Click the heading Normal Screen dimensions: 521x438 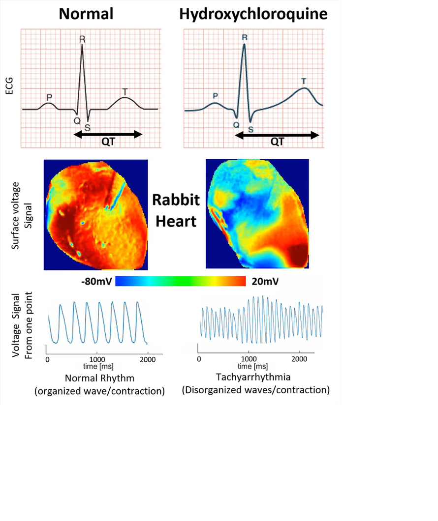tap(86, 14)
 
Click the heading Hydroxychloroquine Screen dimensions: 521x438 tap(253, 14)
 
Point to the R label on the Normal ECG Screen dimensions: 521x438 tap(82, 39)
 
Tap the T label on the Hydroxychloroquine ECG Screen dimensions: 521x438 tap(304, 81)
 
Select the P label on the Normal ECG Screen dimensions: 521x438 tap(48, 96)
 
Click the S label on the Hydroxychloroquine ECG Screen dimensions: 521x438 tap(250, 130)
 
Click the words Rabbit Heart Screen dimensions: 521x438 tap(176, 210)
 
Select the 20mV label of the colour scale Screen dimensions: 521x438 tap(267, 282)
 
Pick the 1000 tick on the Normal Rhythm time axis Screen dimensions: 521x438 tap(96, 359)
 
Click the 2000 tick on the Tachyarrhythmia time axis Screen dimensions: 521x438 tap(299, 359)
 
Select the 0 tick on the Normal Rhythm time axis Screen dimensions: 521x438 tap(47, 359)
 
